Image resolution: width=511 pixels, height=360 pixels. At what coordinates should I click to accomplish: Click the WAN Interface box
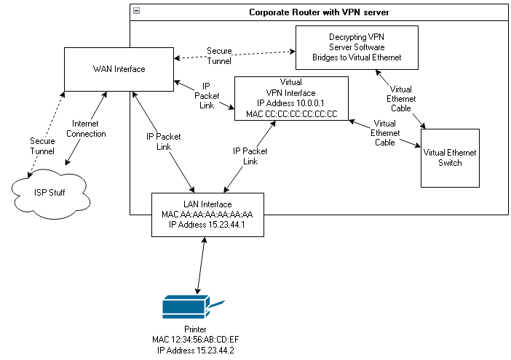[119, 69]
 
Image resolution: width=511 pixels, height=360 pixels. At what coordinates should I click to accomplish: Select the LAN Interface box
[207, 214]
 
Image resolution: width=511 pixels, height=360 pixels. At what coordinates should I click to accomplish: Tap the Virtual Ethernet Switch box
[450, 158]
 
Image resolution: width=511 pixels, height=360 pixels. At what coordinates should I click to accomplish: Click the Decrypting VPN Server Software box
[357, 47]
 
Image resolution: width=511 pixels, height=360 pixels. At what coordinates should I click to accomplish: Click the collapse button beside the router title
[137, 12]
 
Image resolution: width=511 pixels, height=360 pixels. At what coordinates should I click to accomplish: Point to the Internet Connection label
[90, 129]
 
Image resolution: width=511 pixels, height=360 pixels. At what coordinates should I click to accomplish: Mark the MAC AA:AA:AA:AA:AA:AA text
[207, 215]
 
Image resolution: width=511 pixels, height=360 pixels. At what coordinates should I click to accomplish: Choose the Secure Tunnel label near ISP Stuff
[42, 145]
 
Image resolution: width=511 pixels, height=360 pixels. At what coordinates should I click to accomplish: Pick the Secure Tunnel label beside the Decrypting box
[219, 56]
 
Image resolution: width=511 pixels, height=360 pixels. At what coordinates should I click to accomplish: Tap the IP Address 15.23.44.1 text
[207, 224]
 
